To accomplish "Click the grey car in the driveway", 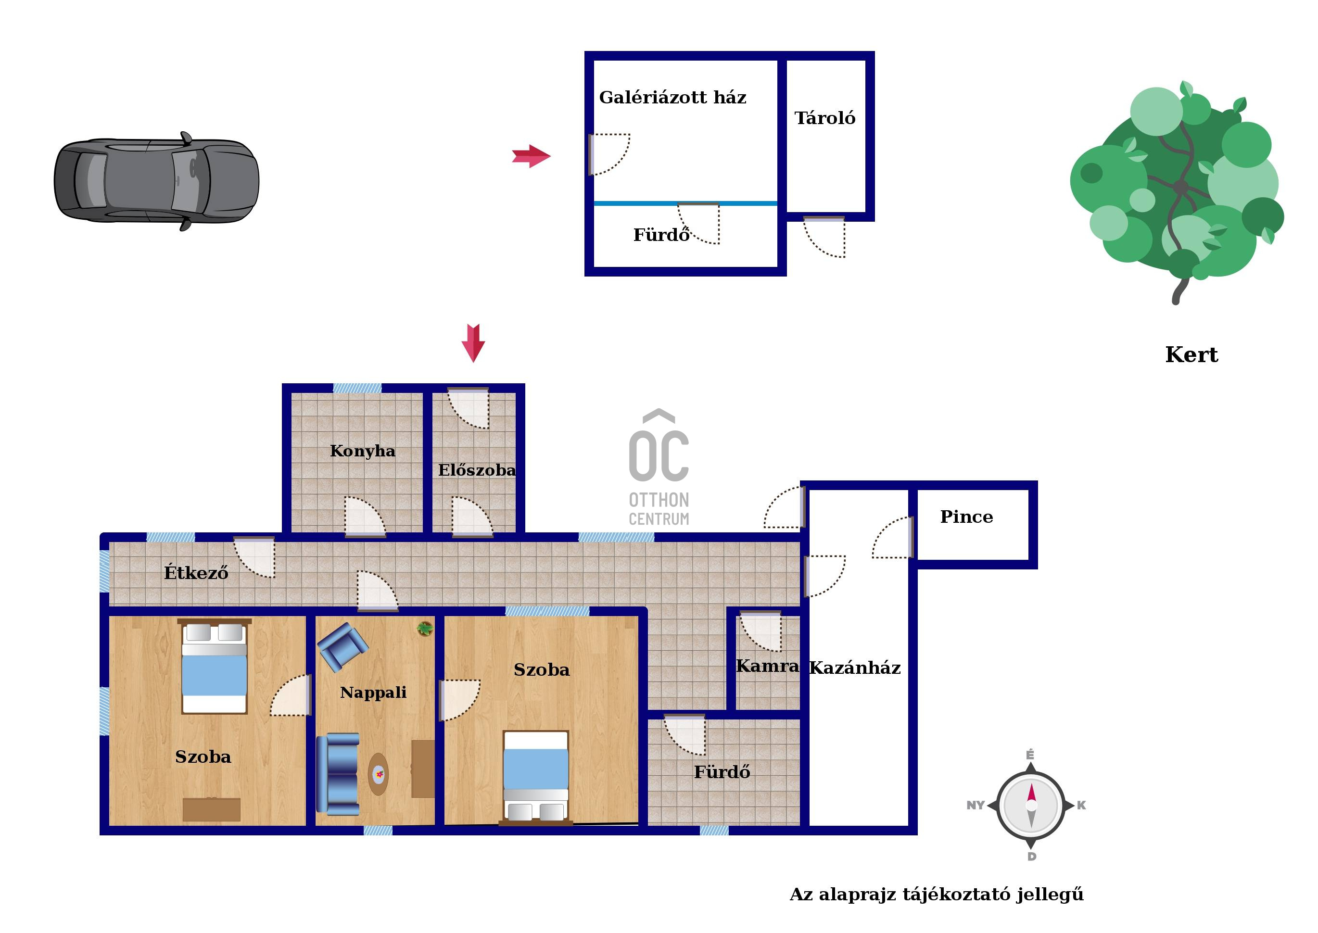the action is [x=156, y=180].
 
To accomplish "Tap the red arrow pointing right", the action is [x=531, y=156].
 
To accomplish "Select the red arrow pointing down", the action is [x=473, y=343].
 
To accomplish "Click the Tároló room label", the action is [x=824, y=118].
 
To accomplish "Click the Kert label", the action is [x=1191, y=354].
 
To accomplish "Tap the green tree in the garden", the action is [x=1177, y=189].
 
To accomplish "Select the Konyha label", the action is [x=363, y=451].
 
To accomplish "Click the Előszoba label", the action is [x=477, y=470].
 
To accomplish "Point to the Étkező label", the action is [x=196, y=572].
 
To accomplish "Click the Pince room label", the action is [x=966, y=517].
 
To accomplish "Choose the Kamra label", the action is [x=768, y=666].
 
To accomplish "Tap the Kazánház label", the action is [x=855, y=668].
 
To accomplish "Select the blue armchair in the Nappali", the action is [x=342, y=646].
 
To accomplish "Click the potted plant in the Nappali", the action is [x=425, y=629].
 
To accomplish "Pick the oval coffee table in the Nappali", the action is [x=378, y=774].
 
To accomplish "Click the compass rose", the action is [x=1031, y=805].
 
